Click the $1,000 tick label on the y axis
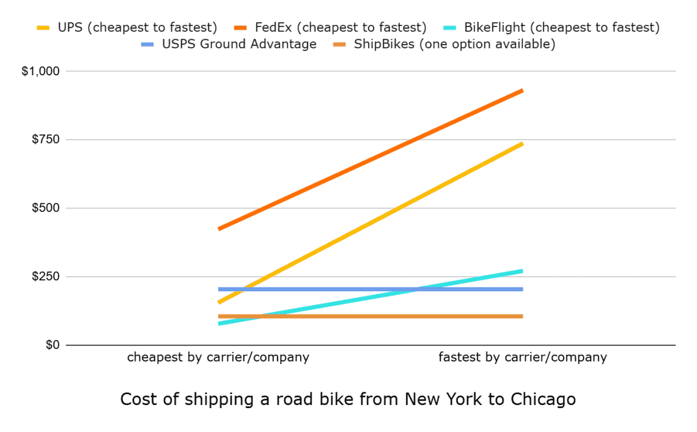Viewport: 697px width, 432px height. point(40,72)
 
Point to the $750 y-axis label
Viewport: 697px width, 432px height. point(45,140)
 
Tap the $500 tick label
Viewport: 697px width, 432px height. point(45,209)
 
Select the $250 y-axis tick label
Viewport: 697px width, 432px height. point(45,277)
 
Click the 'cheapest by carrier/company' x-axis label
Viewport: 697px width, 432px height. point(218,357)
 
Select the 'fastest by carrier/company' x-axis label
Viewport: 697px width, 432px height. point(523,357)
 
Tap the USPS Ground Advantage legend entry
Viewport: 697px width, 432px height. point(238,45)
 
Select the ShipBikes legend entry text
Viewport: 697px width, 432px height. point(454,45)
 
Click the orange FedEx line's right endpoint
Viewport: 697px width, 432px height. point(522,91)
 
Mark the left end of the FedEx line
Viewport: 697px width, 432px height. point(219,229)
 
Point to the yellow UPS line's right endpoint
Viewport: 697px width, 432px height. point(522,144)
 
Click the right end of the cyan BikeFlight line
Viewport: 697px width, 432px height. point(522,270)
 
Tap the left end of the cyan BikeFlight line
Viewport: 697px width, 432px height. point(219,323)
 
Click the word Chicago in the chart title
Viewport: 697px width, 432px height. point(543,400)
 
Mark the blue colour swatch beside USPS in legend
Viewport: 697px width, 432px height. point(148,45)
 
